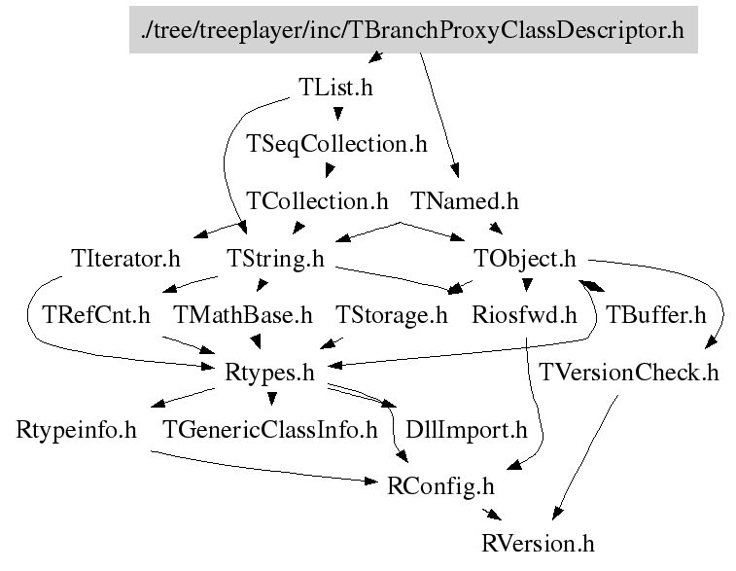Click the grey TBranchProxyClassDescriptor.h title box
click(x=413, y=30)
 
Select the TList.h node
click(x=334, y=88)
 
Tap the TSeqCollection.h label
click(x=337, y=144)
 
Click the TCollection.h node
click(x=317, y=201)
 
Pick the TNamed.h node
click(x=465, y=201)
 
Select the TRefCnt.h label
click(x=96, y=315)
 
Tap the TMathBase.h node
click(x=243, y=315)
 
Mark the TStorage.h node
click(x=391, y=315)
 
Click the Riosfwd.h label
click(x=524, y=315)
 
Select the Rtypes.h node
click(x=269, y=372)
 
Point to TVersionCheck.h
click(x=629, y=372)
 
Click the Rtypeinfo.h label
click(x=76, y=429)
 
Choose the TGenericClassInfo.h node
click(x=269, y=429)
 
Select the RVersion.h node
click(x=537, y=541)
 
